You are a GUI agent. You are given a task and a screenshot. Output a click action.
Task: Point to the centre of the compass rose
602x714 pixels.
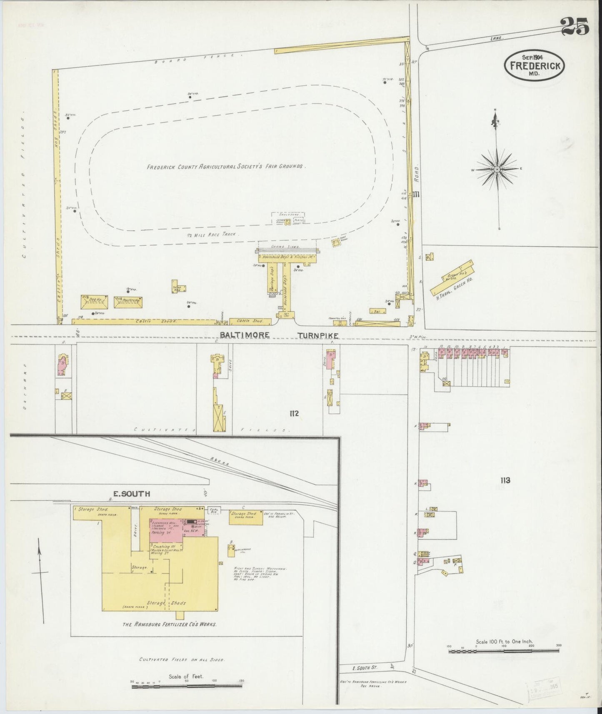tap(497, 170)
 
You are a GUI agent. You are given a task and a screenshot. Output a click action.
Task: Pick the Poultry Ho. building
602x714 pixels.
tap(128, 302)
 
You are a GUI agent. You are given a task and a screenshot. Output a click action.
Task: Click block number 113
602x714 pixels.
tap(505, 480)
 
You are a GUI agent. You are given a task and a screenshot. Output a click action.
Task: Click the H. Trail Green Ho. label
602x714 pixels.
tap(453, 287)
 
